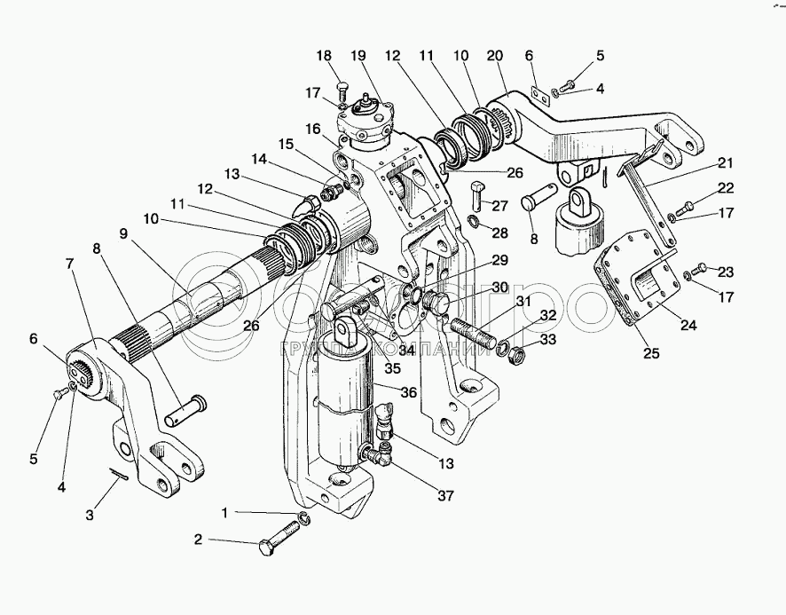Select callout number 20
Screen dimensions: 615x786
[x=496, y=55]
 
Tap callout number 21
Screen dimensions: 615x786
[x=727, y=164]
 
